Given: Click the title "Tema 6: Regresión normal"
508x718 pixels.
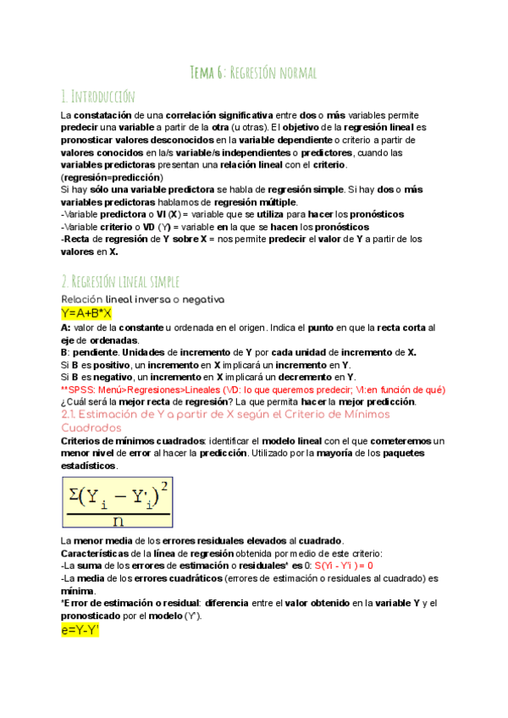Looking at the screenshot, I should point(253,74).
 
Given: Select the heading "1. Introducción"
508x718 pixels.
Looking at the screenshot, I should point(98,96).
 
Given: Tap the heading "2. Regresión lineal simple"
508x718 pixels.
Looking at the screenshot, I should point(120,281).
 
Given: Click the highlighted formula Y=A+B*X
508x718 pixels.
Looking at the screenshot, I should point(86,313).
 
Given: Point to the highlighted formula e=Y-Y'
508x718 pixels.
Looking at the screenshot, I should point(80,630).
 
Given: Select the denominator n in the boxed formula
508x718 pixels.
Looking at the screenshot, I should point(119,522).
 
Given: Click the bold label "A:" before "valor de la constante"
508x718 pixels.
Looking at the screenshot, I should point(66,327).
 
